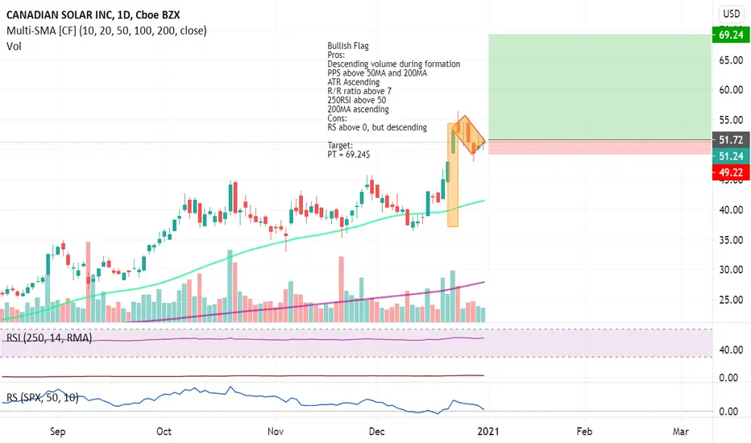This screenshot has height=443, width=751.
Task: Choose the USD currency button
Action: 731,13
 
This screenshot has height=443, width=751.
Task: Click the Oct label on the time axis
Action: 164,431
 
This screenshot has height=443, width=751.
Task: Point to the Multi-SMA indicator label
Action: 105,31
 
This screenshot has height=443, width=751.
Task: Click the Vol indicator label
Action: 15,47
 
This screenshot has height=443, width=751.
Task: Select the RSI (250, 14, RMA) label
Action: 48,339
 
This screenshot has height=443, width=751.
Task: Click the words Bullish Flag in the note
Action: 348,46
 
